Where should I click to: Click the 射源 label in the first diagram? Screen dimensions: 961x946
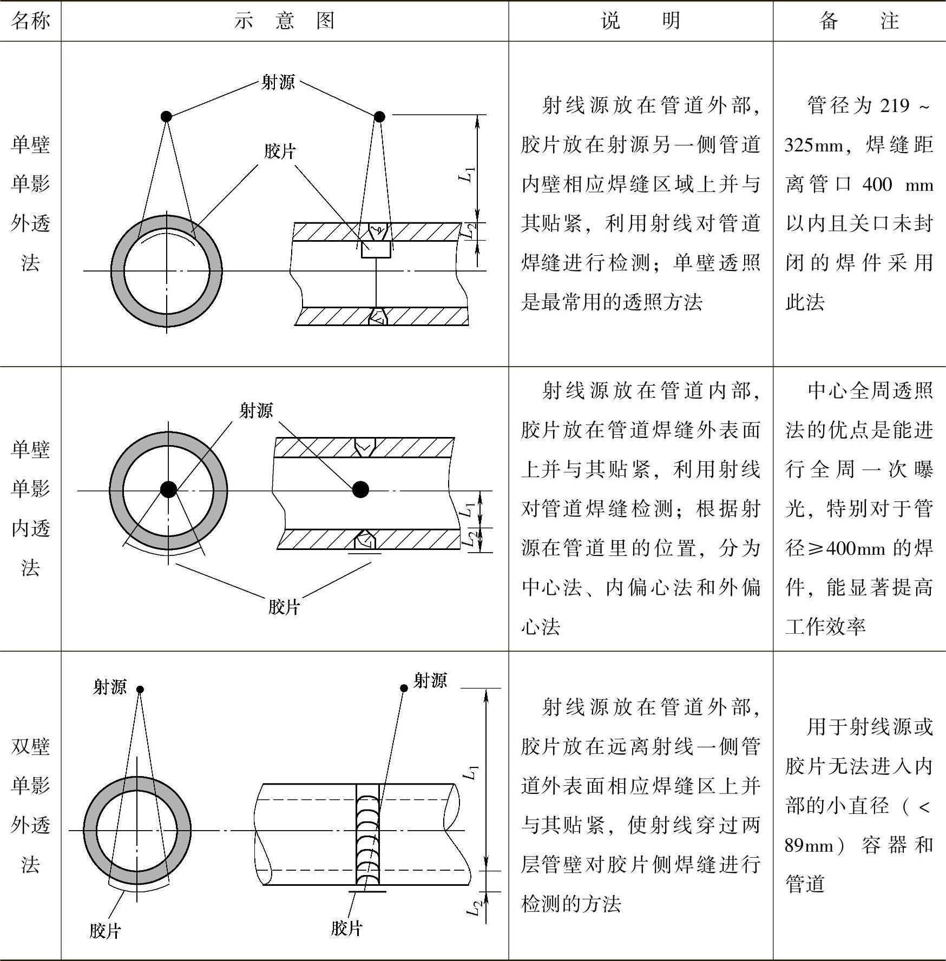tap(278, 83)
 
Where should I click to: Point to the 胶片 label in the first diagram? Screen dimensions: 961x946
tap(280, 151)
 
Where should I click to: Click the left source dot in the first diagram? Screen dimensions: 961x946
tap(166, 116)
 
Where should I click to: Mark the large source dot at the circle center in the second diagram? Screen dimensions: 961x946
tap(168, 489)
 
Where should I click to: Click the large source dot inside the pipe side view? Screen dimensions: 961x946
tap(360, 489)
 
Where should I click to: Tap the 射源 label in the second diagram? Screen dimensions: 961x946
tap(256, 411)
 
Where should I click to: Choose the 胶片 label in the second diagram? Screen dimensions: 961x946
tap(284, 607)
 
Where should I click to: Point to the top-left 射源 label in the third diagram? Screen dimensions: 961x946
tap(110, 687)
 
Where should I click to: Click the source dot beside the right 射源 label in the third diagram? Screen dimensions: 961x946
tap(404, 688)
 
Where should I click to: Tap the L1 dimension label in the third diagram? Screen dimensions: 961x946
tap(472, 773)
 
